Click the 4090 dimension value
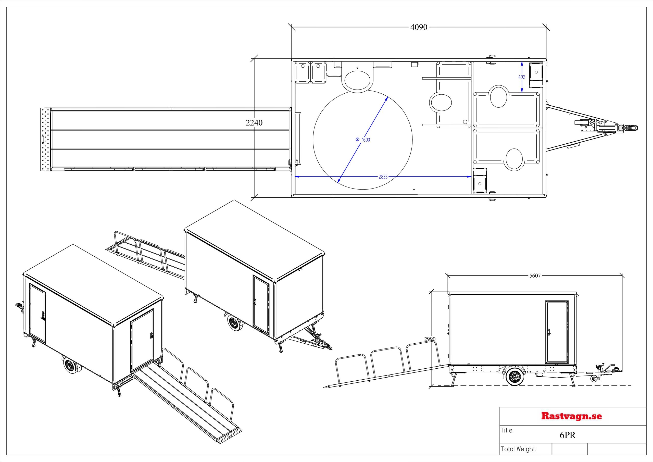[419, 27]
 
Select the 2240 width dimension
[254, 123]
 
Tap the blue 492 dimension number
[522, 77]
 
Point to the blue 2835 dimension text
[383, 177]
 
